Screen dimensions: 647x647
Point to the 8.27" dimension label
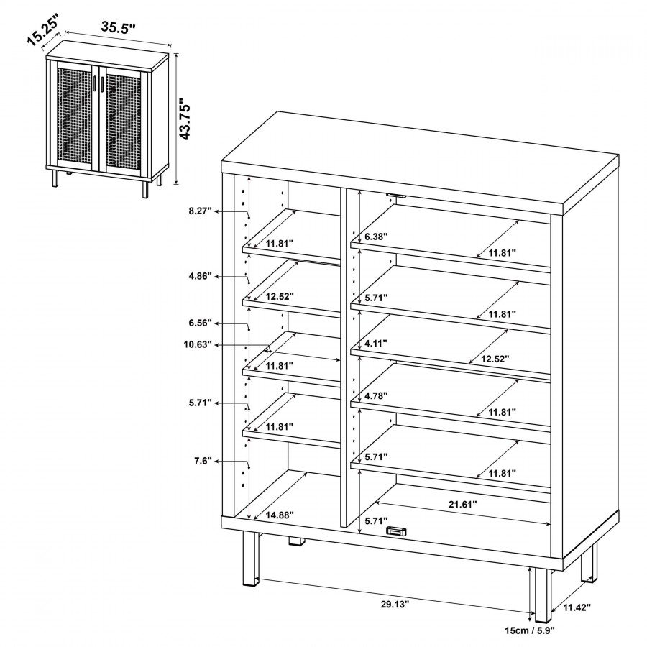(x=200, y=211)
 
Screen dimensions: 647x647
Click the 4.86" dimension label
(x=200, y=275)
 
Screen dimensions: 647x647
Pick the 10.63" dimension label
(x=198, y=344)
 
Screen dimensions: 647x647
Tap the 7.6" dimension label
(x=203, y=461)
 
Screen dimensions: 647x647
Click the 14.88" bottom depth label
(x=280, y=515)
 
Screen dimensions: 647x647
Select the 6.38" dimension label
(x=376, y=237)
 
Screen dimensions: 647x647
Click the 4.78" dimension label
(x=376, y=395)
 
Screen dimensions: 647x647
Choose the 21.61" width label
(x=462, y=504)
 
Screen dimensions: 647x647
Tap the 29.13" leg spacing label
(x=395, y=604)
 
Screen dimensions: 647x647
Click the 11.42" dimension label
(x=577, y=607)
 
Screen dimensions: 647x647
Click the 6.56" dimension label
(x=200, y=323)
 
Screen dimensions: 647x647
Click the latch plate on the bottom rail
(x=396, y=531)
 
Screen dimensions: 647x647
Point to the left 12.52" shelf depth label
(x=280, y=296)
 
